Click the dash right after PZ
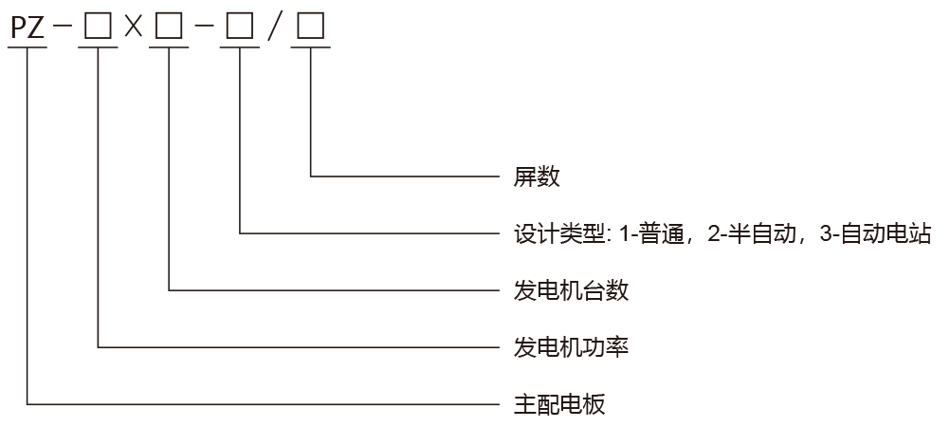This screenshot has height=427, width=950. point(64,28)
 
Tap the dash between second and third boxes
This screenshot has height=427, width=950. point(204,28)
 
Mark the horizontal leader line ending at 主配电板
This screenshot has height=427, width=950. point(265,405)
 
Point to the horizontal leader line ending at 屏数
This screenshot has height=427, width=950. point(408,176)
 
